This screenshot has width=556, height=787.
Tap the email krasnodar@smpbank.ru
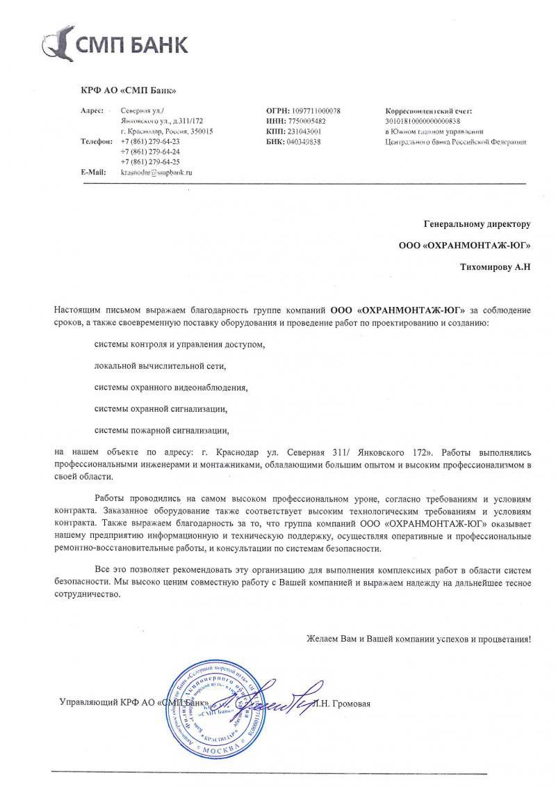click(156, 170)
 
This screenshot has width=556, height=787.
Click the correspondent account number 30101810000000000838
click(423, 121)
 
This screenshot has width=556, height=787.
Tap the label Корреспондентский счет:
click(428, 111)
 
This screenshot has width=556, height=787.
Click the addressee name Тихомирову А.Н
click(496, 267)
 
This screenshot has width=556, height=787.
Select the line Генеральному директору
click(477, 224)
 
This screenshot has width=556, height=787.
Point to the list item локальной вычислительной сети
click(161, 365)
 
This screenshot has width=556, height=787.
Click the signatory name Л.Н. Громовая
click(341, 703)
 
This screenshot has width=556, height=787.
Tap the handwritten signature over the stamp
click(278, 699)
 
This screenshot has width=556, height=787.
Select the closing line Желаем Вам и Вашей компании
click(418, 639)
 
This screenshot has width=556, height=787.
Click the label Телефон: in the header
click(97, 141)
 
